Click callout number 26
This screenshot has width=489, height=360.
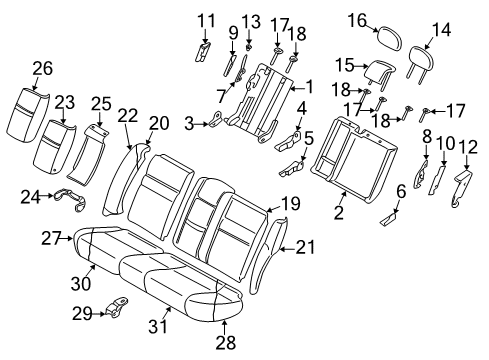[x=40, y=68]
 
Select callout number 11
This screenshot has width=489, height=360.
[x=205, y=20]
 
